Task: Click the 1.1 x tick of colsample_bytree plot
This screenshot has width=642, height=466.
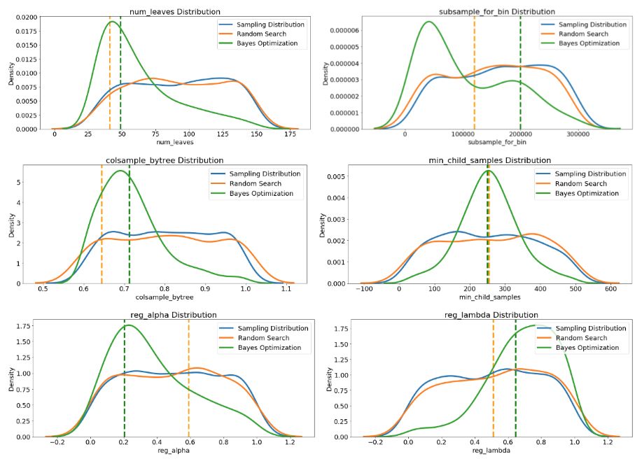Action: (286, 288)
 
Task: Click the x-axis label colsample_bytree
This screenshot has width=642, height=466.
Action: (165, 297)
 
